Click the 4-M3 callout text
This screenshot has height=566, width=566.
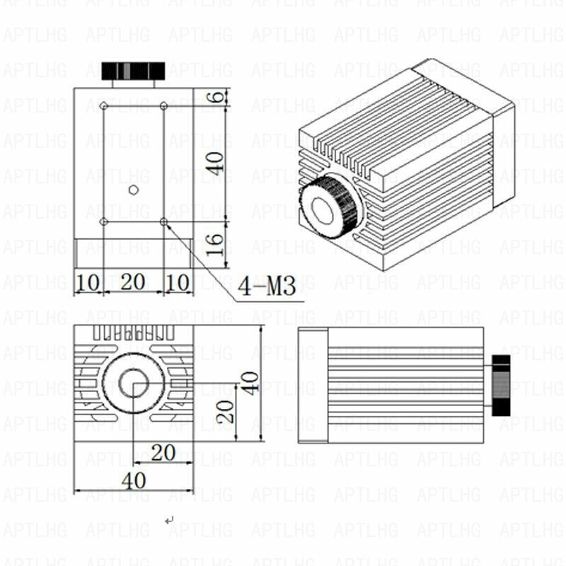[x=267, y=286]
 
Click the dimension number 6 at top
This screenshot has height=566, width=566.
[x=217, y=97]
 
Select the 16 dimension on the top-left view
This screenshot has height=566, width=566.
[x=214, y=244]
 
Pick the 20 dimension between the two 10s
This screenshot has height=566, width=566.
[x=133, y=282]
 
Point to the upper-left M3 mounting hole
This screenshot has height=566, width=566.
[x=104, y=105]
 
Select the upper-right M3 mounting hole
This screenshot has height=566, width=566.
[x=163, y=105]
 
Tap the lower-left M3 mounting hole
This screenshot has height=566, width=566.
[x=104, y=221]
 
